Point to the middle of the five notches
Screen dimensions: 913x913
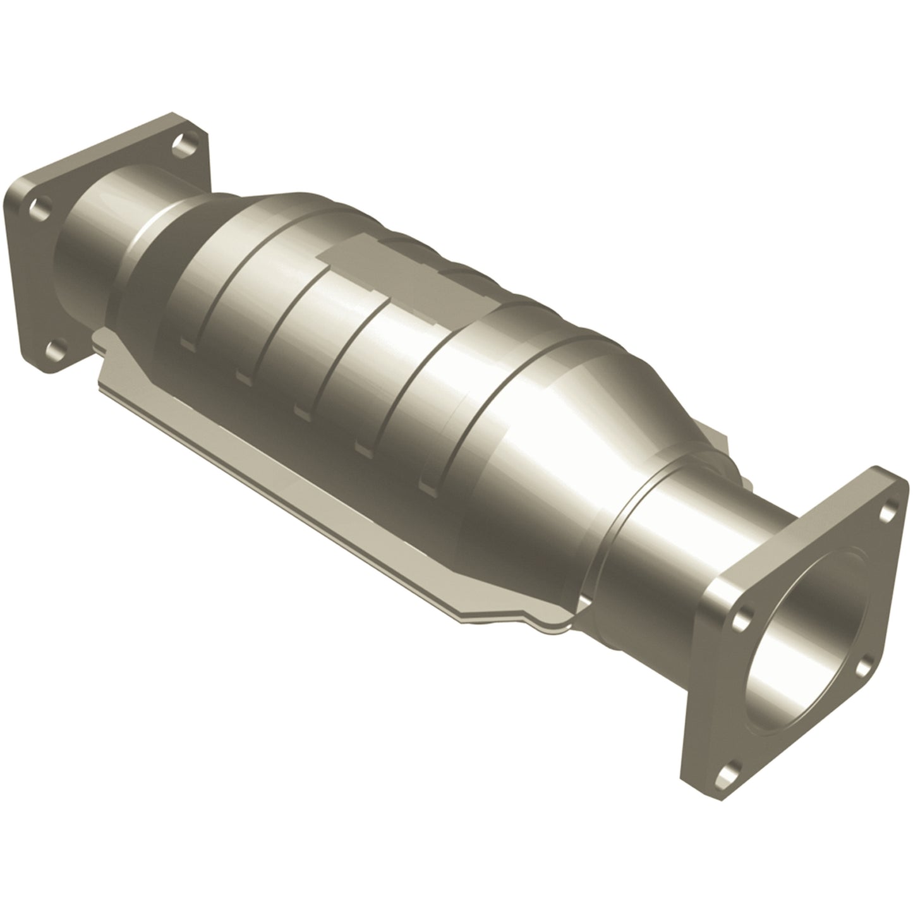tap(301, 412)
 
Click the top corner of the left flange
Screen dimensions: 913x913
tap(171, 117)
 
